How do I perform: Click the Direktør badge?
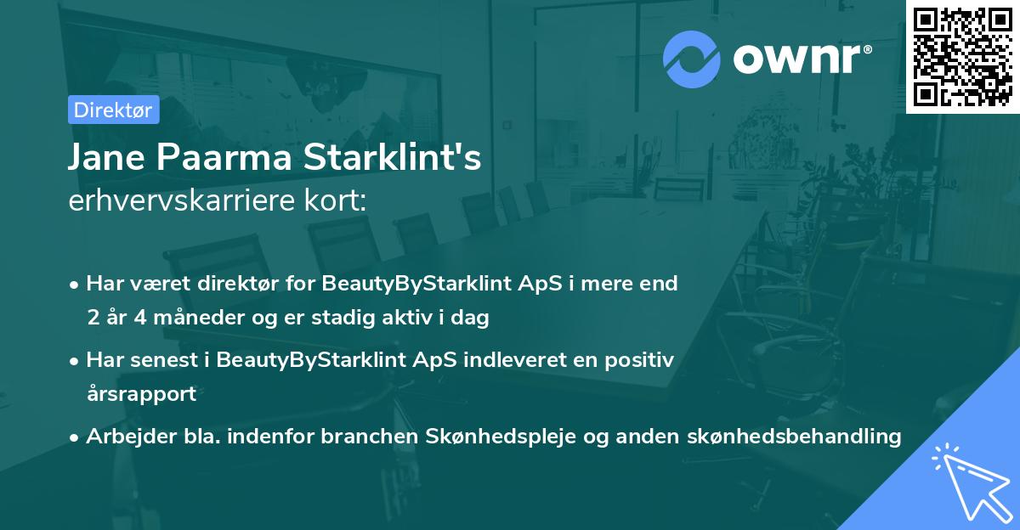pyautogui.click(x=113, y=110)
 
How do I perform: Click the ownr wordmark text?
pyautogui.click(x=802, y=59)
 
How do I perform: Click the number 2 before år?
pyautogui.click(x=93, y=318)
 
